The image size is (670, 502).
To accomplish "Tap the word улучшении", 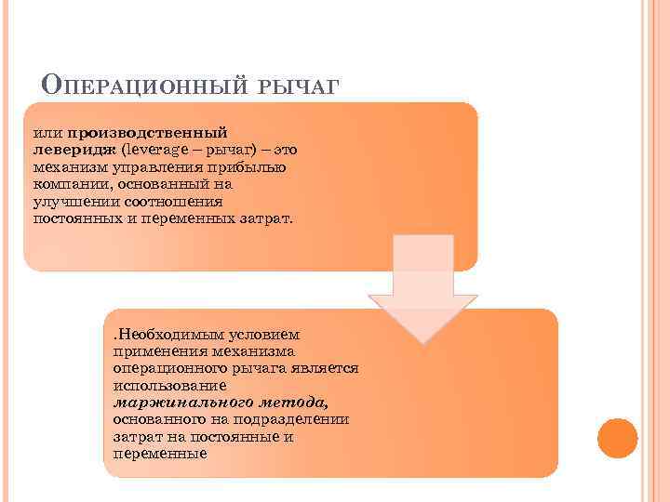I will (70, 201).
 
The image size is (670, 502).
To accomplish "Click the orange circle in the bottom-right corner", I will (616, 438).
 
